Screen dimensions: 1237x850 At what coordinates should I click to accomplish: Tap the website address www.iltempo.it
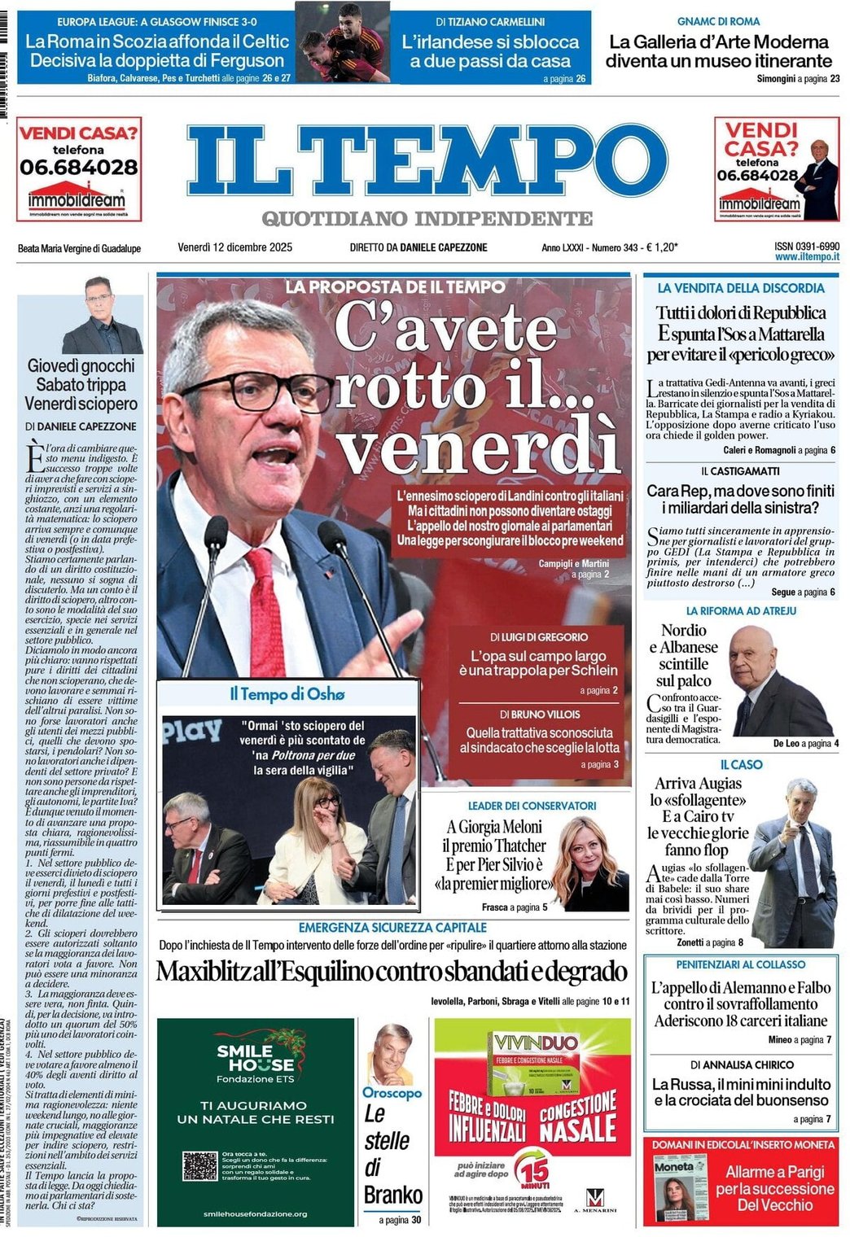807,257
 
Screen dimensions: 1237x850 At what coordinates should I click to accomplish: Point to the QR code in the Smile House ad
199,1165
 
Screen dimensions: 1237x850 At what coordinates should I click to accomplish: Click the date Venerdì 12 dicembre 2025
234,247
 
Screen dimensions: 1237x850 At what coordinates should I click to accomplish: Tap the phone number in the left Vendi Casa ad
79,168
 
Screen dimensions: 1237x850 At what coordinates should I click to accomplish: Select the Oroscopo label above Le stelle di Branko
392,1093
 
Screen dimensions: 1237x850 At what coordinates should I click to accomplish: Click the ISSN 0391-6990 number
807,246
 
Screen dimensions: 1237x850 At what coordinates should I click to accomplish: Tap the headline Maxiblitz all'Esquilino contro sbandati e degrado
392,972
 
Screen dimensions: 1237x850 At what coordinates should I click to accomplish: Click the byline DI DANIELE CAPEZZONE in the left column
81,426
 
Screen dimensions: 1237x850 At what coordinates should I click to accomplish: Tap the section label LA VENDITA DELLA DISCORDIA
740,288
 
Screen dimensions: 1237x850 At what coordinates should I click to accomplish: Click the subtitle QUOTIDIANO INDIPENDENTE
427,218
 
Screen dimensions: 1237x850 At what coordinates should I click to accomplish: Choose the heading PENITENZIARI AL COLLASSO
740,964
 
